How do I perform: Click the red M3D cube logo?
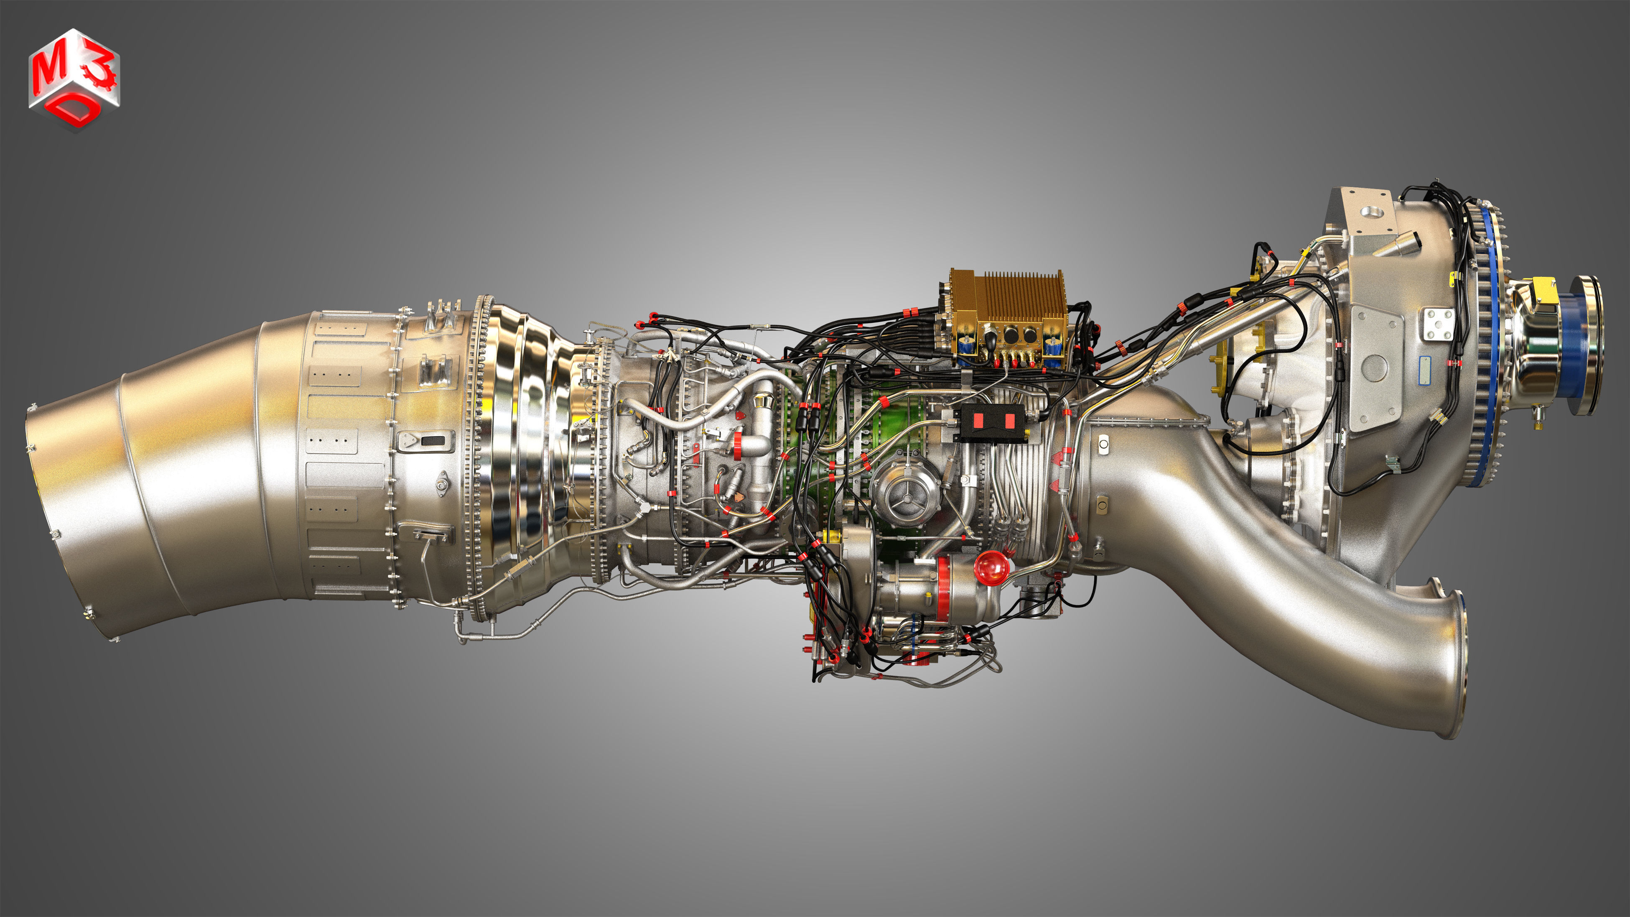tap(74, 79)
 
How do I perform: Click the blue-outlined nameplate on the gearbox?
tap(1424, 370)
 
